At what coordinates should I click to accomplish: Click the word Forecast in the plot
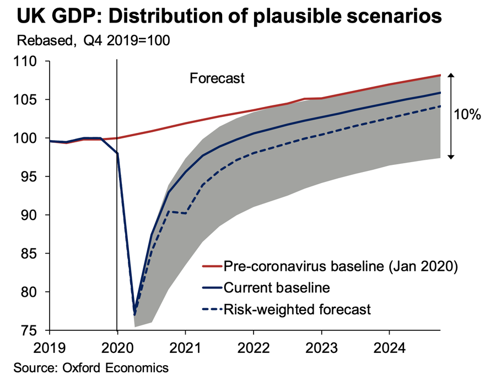(217, 78)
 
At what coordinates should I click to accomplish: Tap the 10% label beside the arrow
(467, 115)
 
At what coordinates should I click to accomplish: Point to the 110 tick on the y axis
(33, 62)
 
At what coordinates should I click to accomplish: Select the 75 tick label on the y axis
(36, 330)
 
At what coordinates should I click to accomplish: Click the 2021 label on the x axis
(185, 349)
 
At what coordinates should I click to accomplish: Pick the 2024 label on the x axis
(389, 349)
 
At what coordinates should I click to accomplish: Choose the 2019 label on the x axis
(50, 349)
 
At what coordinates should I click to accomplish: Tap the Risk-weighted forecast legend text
(297, 309)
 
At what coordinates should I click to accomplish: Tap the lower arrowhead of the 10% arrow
(451, 157)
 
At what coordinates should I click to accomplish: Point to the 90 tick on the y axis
(36, 215)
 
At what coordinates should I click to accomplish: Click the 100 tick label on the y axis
(33, 138)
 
